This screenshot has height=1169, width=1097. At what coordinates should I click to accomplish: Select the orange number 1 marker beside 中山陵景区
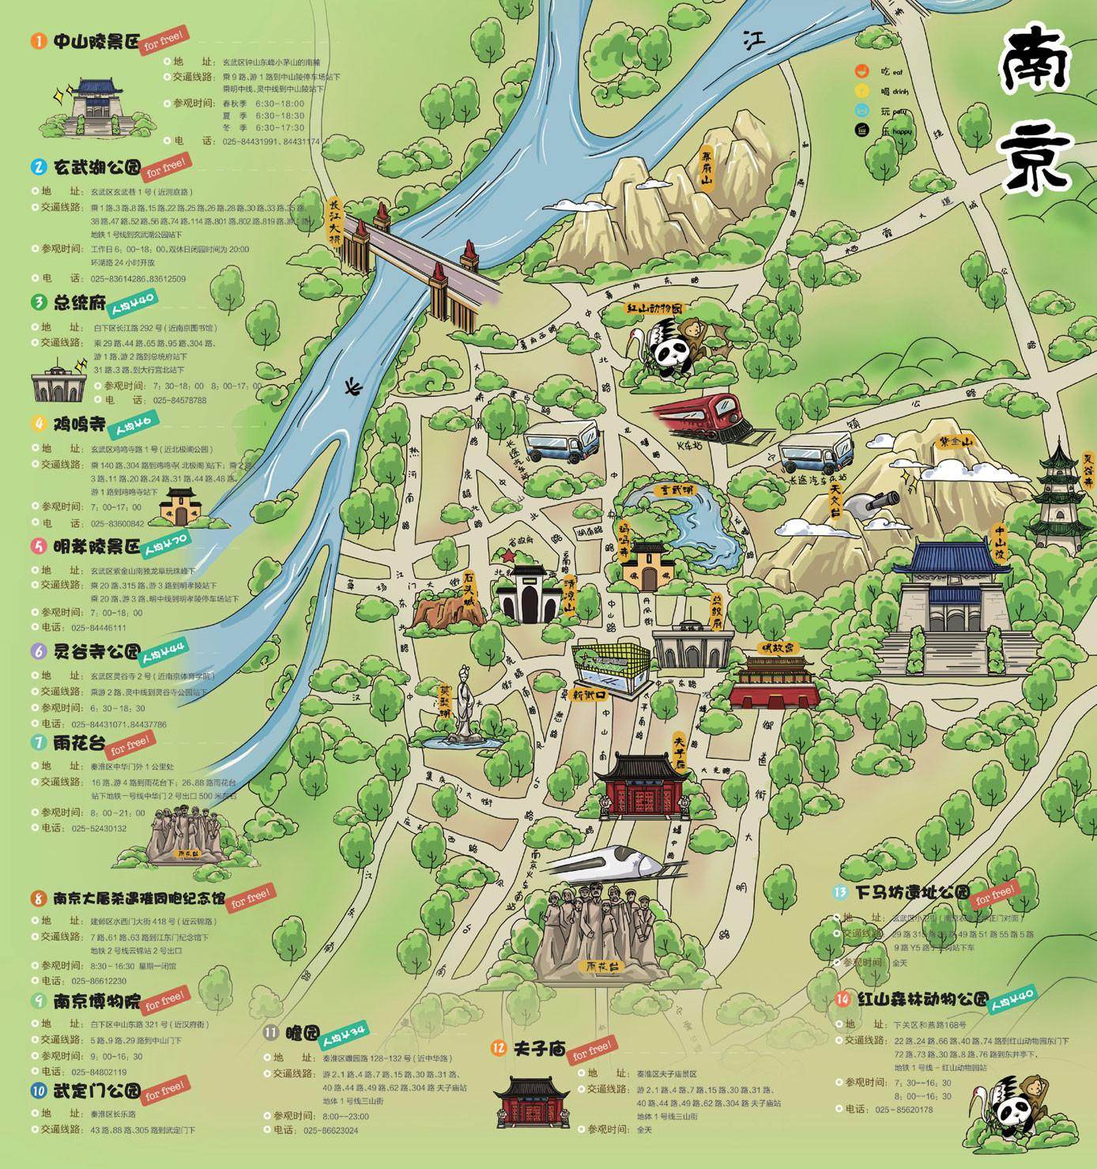point(39,41)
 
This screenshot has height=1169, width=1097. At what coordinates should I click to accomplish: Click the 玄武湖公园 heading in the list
point(96,168)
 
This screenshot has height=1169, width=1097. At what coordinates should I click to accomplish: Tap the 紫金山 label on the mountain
point(954,443)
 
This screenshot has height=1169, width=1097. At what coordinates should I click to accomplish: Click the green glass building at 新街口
point(610,668)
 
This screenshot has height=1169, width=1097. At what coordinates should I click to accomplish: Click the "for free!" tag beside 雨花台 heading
point(130,744)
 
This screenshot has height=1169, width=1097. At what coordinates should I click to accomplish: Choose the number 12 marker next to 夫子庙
point(498,1048)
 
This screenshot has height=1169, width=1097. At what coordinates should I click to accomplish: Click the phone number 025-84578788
point(179,400)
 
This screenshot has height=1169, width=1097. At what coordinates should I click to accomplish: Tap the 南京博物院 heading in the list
point(96,1001)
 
